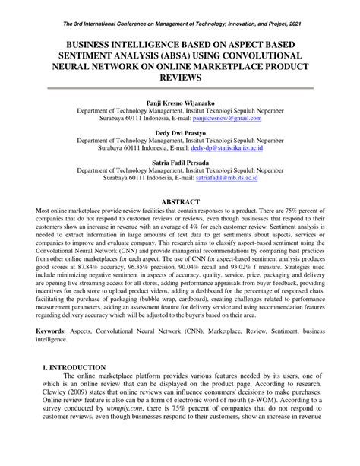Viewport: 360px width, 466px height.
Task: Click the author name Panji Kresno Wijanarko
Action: pos(180,101)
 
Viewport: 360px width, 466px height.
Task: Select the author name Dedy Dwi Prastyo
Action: pos(180,132)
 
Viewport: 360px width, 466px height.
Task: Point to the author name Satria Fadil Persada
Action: pos(180,163)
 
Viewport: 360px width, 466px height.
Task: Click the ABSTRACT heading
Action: pos(180,202)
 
